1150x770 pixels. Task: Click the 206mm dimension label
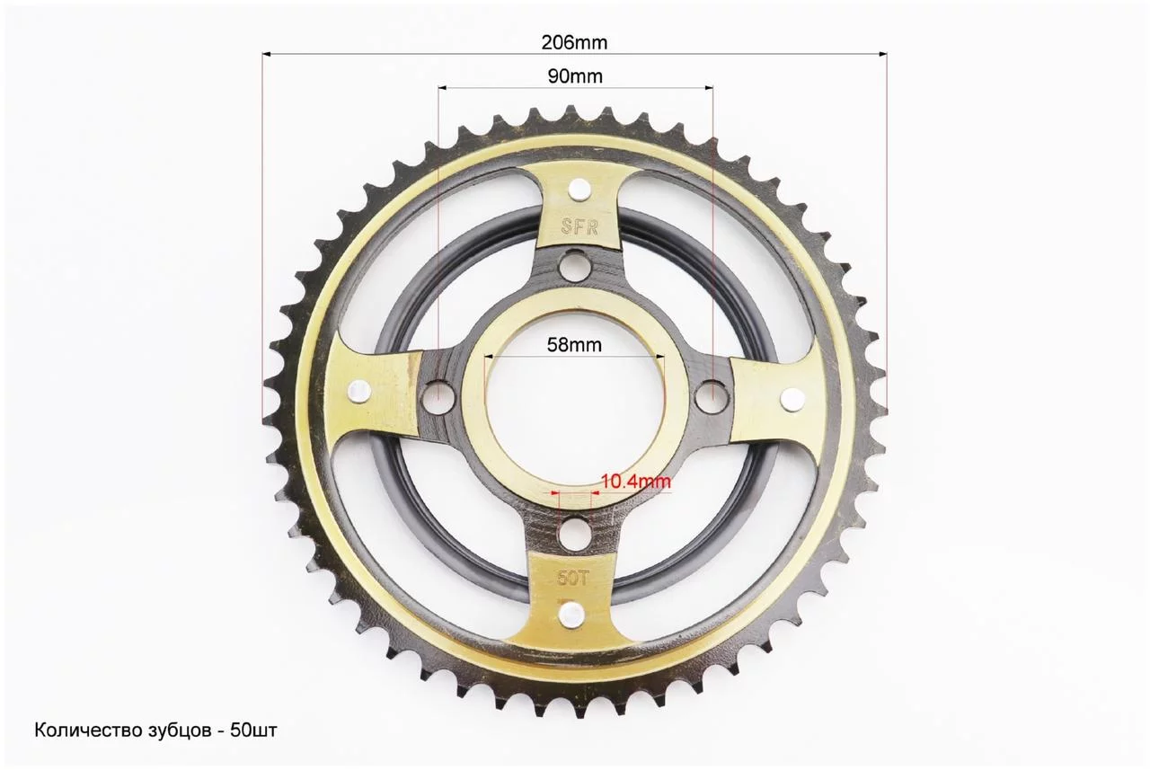coord(574,42)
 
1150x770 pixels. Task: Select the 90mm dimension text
coord(575,76)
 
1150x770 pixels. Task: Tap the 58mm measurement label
coord(574,345)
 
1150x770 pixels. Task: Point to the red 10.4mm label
coord(635,481)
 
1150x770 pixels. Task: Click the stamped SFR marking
coord(579,226)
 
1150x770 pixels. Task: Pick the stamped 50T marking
coord(571,579)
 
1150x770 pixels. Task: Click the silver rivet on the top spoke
coord(579,190)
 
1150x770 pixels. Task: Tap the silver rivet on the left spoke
coord(358,392)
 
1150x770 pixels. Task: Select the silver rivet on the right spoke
coord(792,398)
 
